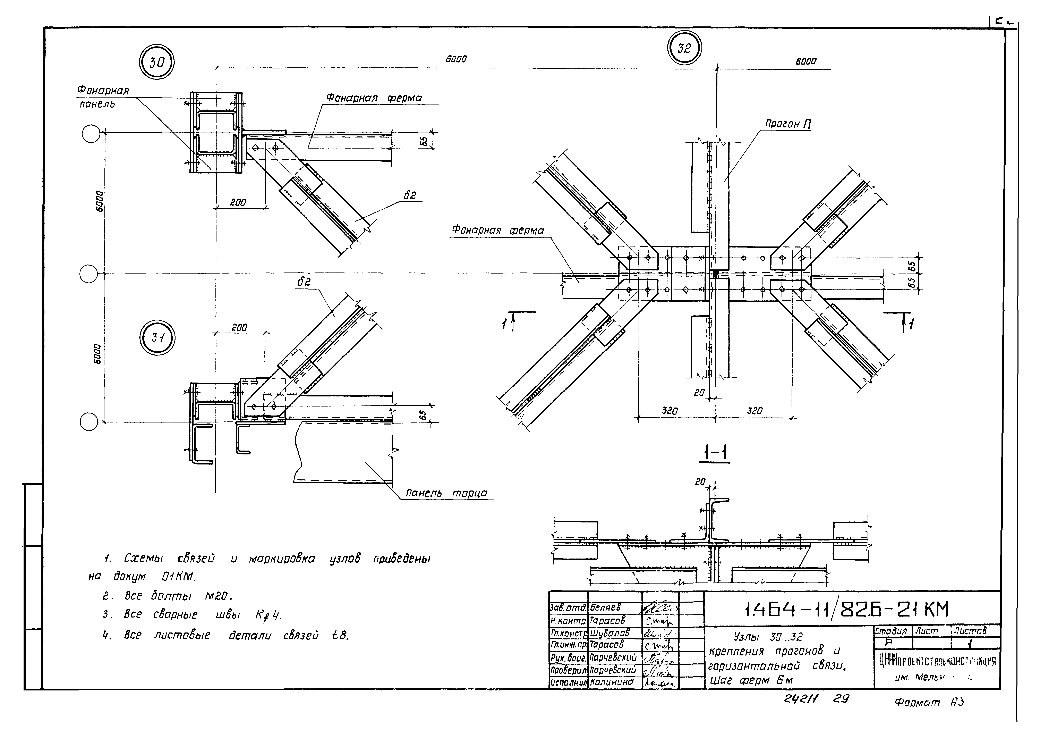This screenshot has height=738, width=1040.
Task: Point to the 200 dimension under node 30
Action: click(238, 203)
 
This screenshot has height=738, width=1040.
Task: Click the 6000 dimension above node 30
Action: click(456, 59)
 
